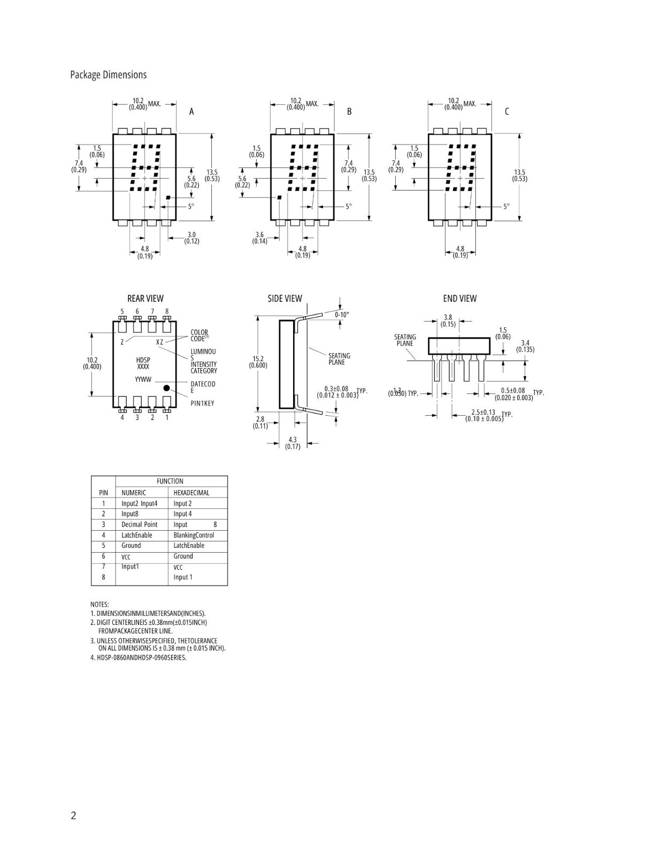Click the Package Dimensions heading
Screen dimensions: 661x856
tap(108, 75)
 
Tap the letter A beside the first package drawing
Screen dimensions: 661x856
tap(192, 112)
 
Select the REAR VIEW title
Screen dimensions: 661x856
tap(145, 299)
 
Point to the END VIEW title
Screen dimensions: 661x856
tap(459, 299)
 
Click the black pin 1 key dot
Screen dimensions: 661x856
tap(166, 388)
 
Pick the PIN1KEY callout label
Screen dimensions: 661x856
tap(202, 403)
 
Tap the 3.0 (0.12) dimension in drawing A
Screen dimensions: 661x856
tap(192, 238)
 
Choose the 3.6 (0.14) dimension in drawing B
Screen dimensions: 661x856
tap(260, 238)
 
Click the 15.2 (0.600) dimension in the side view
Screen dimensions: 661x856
tap(258, 362)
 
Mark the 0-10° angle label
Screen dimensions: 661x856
tap(342, 315)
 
